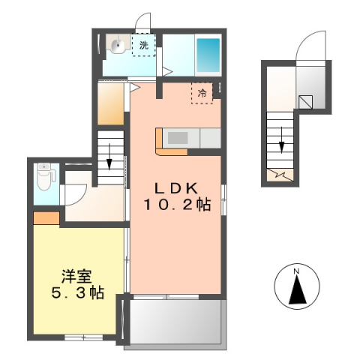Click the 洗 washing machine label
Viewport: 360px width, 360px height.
pos(143,45)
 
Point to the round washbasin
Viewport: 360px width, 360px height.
pos(118,46)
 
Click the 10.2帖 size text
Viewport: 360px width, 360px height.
pos(178,205)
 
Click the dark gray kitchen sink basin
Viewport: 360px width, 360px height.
pos(179,137)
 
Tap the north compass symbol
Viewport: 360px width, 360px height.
pos(297,289)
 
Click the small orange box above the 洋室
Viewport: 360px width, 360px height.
pos(46,219)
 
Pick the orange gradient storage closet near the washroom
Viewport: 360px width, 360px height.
pos(111,104)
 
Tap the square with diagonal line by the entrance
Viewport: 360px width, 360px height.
pos(306,102)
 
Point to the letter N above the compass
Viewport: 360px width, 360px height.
pos(297,271)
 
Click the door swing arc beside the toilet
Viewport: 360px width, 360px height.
pos(74,192)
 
